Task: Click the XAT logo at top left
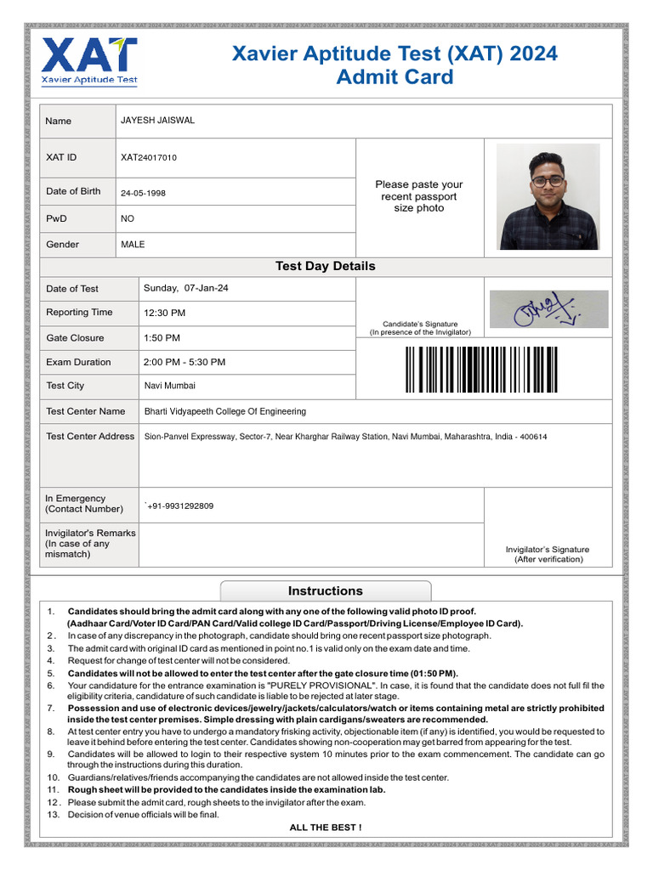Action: tap(89, 60)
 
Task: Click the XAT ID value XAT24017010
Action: tap(149, 157)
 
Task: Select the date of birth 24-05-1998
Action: tap(143, 193)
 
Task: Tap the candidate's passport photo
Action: tap(548, 196)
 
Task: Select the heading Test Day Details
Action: tap(325, 266)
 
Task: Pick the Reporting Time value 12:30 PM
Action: tap(164, 313)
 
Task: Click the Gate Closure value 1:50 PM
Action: tap(162, 338)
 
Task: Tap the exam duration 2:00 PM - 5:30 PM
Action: tap(185, 362)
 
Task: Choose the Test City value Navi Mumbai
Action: tap(169, 386)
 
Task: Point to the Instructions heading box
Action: tap(325, 591)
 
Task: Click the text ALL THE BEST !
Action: tap(325, 828)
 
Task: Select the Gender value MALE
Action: tap(133, 245)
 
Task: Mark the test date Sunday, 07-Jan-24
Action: tap(185, 288)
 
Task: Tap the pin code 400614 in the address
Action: tap(533, 437)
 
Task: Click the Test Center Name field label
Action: tap(85, 411)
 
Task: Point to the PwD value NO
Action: tap(128, 218)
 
